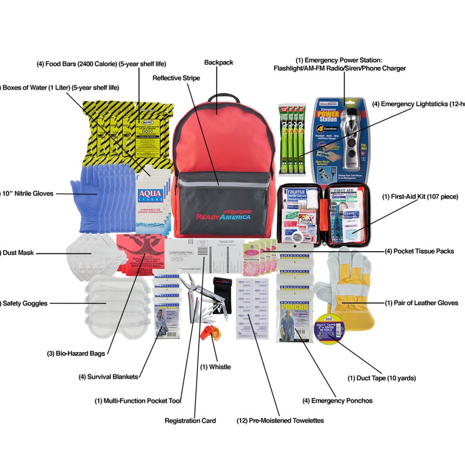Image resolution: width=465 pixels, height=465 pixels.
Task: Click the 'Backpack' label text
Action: [x=219, y=62]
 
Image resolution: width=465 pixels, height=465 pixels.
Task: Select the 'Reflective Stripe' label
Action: [x=176, y=77]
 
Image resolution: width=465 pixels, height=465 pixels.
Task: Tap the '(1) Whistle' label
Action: [x=215, y=367]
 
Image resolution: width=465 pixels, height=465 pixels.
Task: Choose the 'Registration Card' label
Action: [x=190, y=420]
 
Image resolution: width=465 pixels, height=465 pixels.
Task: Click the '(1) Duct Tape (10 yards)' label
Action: [x=382, y=378]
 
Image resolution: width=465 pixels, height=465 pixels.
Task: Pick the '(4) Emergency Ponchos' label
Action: [x=338, y=400]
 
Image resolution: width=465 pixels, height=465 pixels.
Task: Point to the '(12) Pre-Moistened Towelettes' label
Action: [x=280, y=420]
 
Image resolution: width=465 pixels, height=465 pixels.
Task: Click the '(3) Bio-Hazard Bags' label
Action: [x=76, y=352]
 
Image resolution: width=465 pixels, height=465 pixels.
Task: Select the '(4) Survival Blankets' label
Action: [x=109, y=377]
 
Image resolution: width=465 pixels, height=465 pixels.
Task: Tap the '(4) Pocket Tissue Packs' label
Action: [x=419, y=251]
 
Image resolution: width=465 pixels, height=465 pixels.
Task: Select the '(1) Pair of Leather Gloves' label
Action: [x=421, y=303]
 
